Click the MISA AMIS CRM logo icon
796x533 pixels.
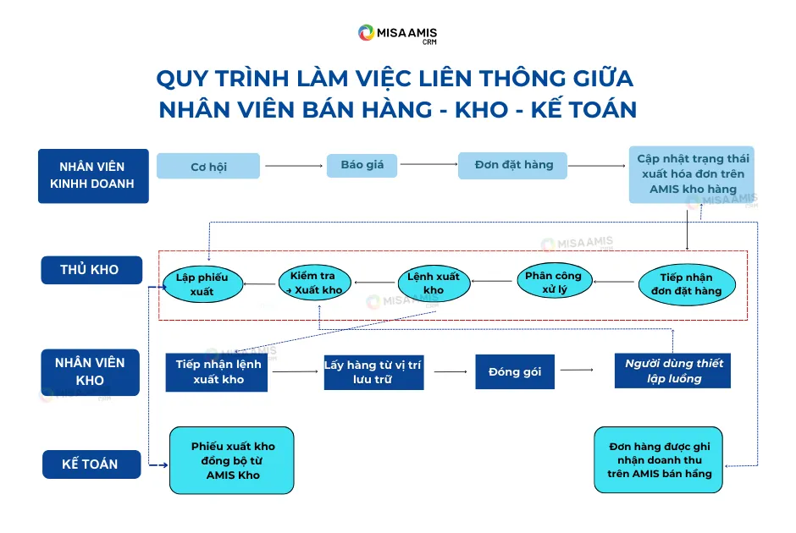(x=366, y=33)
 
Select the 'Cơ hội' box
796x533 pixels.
(x=208, y=167)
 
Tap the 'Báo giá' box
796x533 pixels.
(x=362, y=165)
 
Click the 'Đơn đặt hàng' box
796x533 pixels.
(x=513, y=166)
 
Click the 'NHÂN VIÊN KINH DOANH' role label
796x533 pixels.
(x=93, y=175)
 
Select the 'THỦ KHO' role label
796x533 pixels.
(x=90, y=270)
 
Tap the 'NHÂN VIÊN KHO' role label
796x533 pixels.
(x=90, y=371)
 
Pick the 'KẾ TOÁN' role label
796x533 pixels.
(x=90, y=464)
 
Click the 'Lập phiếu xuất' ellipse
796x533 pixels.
(x=202, y=284)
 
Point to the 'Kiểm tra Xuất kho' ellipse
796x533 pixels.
(x=312, y=283)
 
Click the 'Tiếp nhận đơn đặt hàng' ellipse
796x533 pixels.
(x=686, y=284)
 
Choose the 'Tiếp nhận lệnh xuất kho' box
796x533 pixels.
(x=217, y=372)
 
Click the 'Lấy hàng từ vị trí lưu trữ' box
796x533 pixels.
(x=373, y=372)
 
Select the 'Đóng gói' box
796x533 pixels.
(x=515, y=372)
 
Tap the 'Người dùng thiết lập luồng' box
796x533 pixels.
(x=672, y=371)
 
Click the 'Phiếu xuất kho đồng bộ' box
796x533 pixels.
(x=232, y=460)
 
